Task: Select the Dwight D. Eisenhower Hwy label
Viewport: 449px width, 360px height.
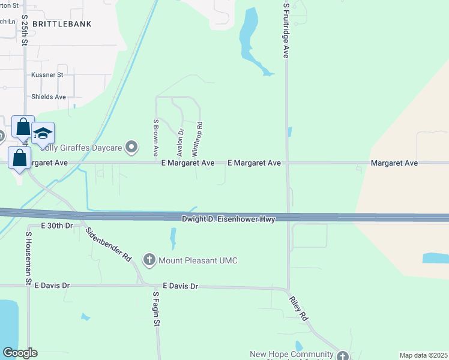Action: click(x=228, y=219)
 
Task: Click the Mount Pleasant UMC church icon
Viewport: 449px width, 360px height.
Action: click(x=149, y=260)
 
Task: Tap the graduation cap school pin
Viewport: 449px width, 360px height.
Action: click(x=43, y=133)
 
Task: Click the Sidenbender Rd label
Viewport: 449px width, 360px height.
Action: click(x=109, y=244)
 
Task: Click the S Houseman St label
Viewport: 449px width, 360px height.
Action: click(x=28, y=259)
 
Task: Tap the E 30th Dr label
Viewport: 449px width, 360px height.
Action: click(x=56, y=226)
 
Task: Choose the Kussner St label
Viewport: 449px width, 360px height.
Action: click(x=47, y=75)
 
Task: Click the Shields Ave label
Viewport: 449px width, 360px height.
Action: click(x=48, y=97)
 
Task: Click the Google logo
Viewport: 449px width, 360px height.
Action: click(x=20, y=353)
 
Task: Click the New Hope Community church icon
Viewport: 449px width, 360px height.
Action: click(x=342, y=355)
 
